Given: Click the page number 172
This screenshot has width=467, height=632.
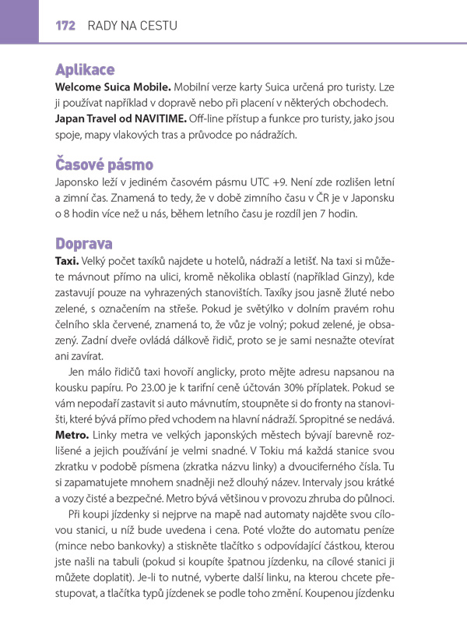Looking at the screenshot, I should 65,26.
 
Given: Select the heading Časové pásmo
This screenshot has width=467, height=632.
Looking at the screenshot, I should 104,164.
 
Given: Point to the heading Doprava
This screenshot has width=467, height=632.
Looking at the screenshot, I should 84,242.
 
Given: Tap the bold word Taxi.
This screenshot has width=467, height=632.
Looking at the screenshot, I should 67,259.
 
